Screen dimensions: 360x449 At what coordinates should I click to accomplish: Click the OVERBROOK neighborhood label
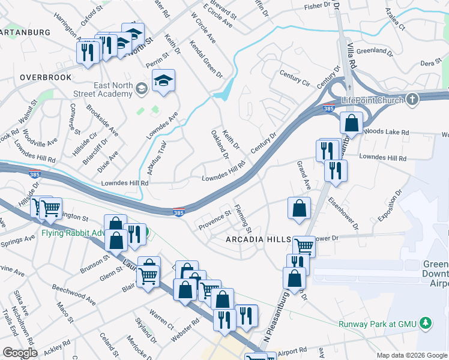point(45,77)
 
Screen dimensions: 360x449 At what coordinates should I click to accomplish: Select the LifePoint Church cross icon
point(412,99)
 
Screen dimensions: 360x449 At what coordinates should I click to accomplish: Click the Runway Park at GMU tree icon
point(426,323)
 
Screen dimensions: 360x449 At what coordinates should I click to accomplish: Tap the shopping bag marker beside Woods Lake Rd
point(351,123)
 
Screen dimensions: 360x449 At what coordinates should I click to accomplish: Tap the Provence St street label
point(215,220)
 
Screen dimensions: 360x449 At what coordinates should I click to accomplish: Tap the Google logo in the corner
point(20,353)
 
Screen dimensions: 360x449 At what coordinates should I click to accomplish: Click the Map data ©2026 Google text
point(411,355)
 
